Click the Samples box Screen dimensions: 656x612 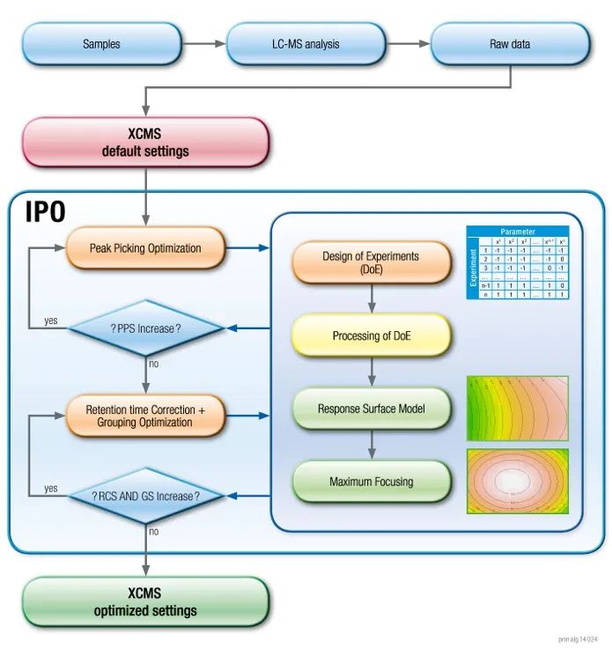coord(101,43)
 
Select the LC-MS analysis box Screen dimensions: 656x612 coord(306,43)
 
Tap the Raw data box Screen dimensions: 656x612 coord(509,43)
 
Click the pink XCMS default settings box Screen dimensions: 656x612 coord(144,143)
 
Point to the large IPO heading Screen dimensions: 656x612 coord(47,211)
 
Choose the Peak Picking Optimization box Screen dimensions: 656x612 coord(145,248)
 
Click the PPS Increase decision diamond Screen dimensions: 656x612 coord(145,328)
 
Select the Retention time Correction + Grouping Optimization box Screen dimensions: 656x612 coord(145,416)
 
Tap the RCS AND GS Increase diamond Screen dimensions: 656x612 coord(145,496)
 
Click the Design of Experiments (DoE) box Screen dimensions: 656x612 coord(371,263)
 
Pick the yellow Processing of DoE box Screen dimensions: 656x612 coord(371,335)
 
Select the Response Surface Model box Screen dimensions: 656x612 coord(371,409)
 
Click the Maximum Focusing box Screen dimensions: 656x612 coord(371,482)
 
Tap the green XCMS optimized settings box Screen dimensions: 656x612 coord(144,602)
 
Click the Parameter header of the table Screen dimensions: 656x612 coord(518,232)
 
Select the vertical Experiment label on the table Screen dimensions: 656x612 coord(473,267)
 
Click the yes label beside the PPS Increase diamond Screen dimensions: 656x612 coord(51,321)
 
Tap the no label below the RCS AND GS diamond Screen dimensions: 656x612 coord(154,531)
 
